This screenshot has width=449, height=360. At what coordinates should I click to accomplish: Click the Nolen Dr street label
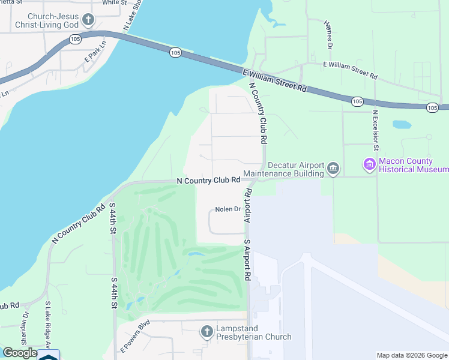tap(228, 209)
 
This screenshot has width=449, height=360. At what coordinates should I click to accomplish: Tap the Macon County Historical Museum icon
tap(369, 163)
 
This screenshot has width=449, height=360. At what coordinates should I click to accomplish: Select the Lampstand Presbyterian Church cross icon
tap(206, 331)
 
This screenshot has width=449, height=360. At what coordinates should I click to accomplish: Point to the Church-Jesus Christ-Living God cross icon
tap(88, 20)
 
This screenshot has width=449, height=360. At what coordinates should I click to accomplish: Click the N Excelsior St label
tap(375, 130)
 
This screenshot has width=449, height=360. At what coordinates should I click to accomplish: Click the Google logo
tap(20, 353)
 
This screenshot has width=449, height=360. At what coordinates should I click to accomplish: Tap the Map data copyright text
tap(411, 355)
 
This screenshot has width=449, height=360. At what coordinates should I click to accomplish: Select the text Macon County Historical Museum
tap(414, 166)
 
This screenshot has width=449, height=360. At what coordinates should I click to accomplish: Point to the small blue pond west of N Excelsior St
tap(402, 125)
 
